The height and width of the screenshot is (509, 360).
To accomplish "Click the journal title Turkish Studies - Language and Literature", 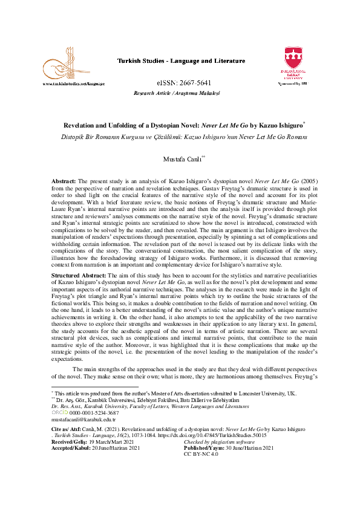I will (x=180, y=61).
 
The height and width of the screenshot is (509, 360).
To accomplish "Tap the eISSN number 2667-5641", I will (x=180, y=83).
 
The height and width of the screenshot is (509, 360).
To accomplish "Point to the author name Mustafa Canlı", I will (x=180, y=159).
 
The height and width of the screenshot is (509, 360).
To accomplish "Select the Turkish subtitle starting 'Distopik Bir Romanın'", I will (x=180, y=137).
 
